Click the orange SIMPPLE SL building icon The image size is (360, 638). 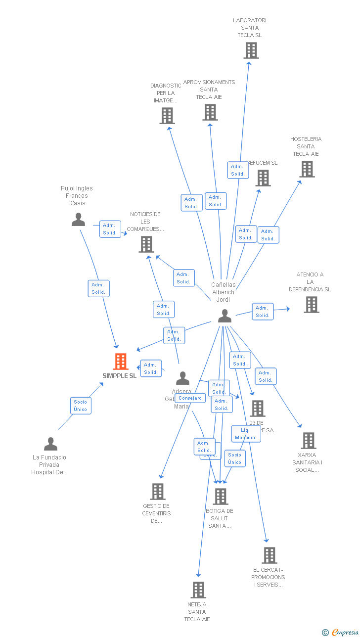tap(121, 362)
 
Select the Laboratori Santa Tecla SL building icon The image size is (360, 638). tap(251, 50)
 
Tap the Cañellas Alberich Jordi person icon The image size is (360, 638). tap(225, 316)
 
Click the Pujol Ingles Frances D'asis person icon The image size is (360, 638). tap(78, 220)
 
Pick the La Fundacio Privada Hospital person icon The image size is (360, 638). tap(50, 444)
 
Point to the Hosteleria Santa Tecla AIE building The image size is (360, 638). tap(307, 169)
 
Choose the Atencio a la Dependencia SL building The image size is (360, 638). tap(312, 305)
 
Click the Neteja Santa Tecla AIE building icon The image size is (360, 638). tap(198, 590)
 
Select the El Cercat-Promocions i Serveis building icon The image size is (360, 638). tap(270, 555)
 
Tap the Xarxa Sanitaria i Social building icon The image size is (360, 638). tap(309, 440)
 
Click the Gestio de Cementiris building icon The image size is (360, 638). tap(158, 492)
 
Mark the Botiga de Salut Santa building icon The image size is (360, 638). tap(221, 497)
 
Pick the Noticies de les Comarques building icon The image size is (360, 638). tap(146, 244)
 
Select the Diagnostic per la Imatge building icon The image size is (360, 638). tap(167, 116)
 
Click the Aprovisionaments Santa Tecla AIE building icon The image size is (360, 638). tap(210, 112)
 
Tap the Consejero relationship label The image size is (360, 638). tap(190, 398)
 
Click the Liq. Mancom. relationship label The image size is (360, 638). tap(246, 434)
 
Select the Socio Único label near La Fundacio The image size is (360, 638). tap(80, 406)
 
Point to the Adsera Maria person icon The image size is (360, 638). tap(182, 378)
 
